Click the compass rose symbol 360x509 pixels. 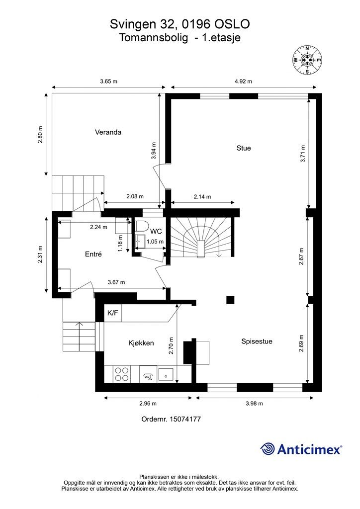coord(307,60)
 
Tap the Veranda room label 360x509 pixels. coord(108,133)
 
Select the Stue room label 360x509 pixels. coord(244,148)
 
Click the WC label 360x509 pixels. coord(156,231)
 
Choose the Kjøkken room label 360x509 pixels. coord(141,343)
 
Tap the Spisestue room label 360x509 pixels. coord(257,341)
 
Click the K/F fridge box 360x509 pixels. coord(113,313)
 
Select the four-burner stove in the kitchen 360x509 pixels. coord(122,374)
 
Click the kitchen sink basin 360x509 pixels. coord(166,374)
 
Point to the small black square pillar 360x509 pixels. coord(230,300)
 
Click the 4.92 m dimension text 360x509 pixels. coord(243,82)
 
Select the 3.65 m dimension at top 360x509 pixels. coord(108,82)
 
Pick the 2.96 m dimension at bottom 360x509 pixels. coord(148,403)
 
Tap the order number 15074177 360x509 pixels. coord(171,419)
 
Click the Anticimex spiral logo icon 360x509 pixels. coord(268,449)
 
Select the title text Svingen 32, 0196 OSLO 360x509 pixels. coord(180,24)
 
